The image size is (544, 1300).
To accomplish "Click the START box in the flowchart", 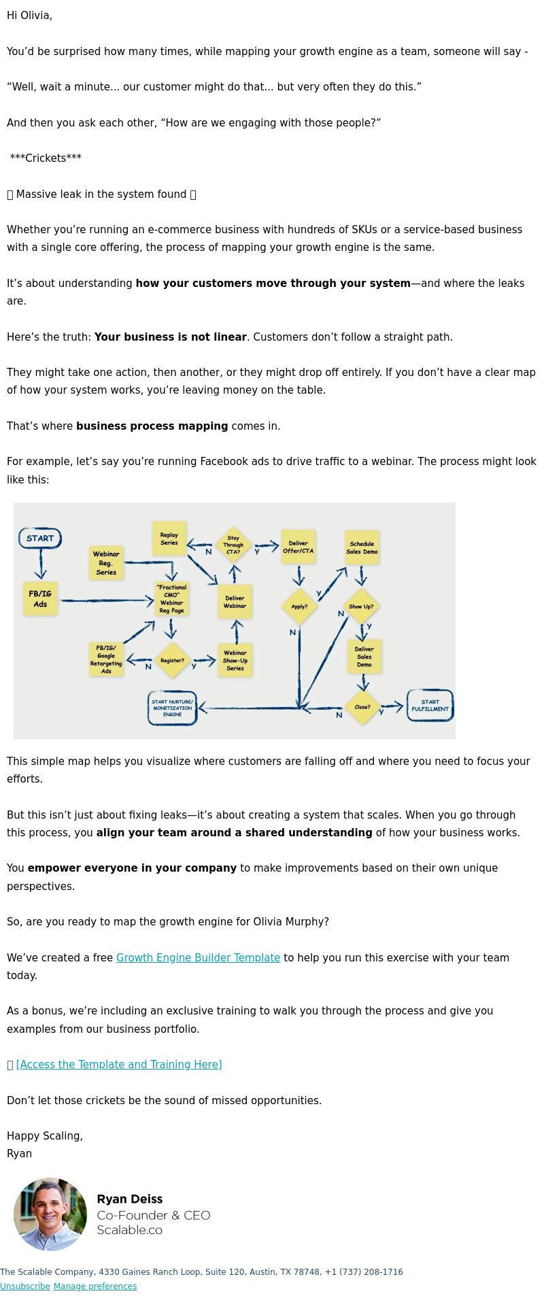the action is [x=40, y=538].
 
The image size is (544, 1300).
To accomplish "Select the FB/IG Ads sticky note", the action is [x=40, y=599].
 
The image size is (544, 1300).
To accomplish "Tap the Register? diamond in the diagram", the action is [x=172, y=660].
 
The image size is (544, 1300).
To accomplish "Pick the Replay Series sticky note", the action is [x=169, y=538].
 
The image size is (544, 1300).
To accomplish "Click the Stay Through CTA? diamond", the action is [x=233, y=545].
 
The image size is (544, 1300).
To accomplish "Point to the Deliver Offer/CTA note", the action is [x=298, y=547].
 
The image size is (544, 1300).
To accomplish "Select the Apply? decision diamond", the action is [x=299, y=606].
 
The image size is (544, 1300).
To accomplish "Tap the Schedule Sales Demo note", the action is [x=362, y=547].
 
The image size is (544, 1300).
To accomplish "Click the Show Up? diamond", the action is [x=361, y=606].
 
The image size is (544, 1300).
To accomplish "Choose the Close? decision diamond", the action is [x=362, y=707].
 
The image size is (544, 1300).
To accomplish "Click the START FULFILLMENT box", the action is [x=430, y=705].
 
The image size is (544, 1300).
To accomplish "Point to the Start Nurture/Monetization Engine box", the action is [x=172, y=708].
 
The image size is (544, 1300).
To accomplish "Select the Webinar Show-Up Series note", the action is [x=235, y=660].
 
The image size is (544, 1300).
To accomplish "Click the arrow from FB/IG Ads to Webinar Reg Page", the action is [x=107, y=601].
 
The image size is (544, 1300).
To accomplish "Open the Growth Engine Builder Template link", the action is [x=198, y=957].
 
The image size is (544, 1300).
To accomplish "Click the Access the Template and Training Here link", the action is [x=119, y=1064].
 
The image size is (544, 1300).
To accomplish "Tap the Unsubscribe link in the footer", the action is [x=25, y=1286].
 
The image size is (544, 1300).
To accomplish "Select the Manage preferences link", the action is [x=95, y=1286].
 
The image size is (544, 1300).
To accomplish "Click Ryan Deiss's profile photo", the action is [x=50, y=1214].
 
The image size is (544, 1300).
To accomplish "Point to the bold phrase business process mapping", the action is [x=152, y=426].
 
